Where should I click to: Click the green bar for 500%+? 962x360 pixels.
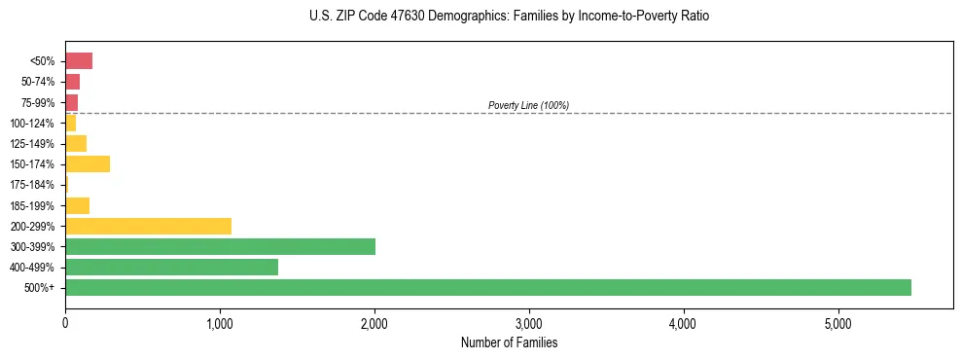487,287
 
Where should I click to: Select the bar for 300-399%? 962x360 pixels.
220,246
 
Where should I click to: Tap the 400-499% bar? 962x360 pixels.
171,267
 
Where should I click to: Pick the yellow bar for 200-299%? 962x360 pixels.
148,226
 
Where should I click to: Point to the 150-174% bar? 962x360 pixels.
88,163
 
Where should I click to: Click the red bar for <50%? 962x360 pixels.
79,61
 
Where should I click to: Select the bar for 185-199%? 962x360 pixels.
77,205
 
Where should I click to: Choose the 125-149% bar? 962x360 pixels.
76,143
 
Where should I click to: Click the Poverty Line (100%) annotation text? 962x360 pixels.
528,105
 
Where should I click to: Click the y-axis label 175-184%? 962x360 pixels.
32,185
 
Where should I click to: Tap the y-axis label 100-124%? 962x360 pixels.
32,123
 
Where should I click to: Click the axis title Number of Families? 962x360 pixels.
509,342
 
